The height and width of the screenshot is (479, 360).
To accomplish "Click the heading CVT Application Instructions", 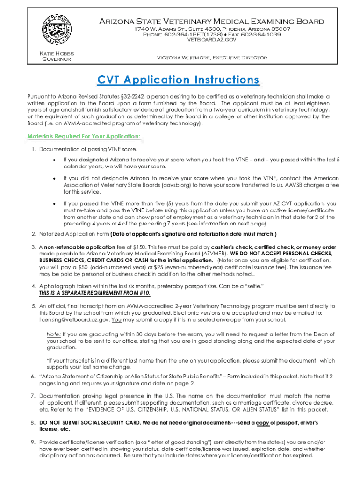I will click(x=178, y=80).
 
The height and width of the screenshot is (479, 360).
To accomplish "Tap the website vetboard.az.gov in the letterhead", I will click(x=211, y=40).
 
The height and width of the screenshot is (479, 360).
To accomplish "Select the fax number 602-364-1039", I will click(x=261, y=35).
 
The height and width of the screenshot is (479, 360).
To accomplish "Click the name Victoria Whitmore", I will click(x=183, y=58).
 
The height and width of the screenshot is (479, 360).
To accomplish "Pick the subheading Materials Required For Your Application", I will click(x=83, y=137).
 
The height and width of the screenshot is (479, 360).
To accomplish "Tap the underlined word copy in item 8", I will click(x=263, y=423).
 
